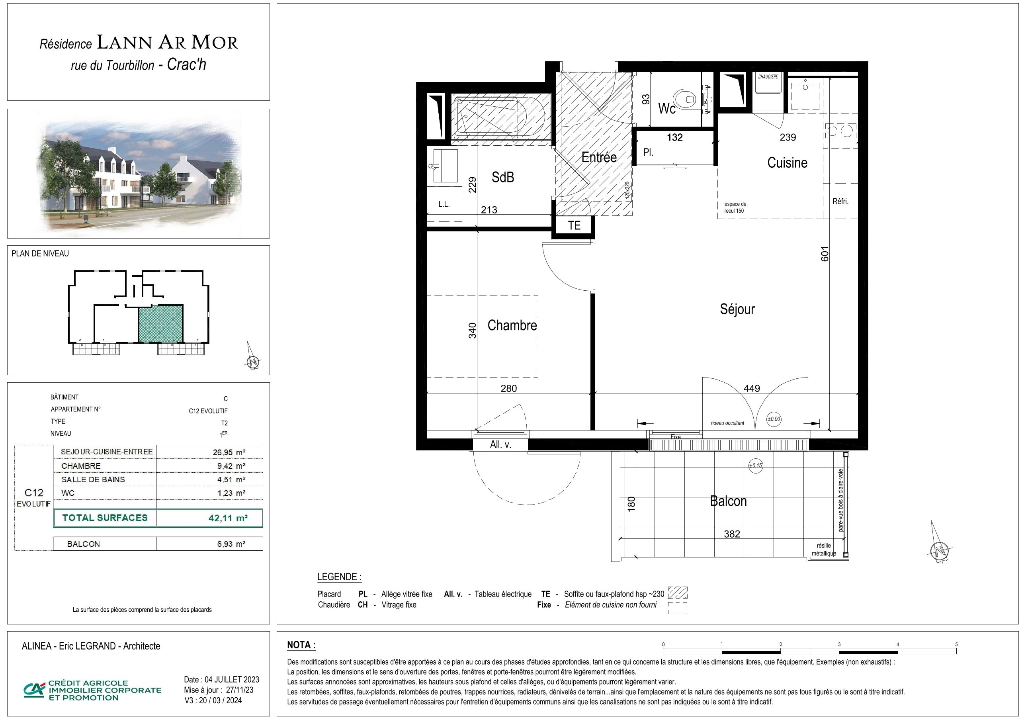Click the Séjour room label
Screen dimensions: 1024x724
[737, 309]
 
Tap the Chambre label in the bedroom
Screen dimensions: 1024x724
[512, 325]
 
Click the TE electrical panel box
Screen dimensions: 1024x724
[575, 225]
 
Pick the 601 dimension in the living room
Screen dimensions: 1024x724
[825, 254]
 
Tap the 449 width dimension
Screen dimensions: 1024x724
[752, 389]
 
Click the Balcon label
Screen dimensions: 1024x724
[728, 501]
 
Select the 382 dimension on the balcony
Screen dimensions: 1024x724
[732, 534]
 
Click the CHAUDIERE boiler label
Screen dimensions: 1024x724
[768, 77]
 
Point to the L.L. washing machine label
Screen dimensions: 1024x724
[444, 205]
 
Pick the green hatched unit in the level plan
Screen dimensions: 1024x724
[160, 323]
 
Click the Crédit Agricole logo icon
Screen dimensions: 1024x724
[34, 690]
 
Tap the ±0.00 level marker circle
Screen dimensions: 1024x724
[774, 419]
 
